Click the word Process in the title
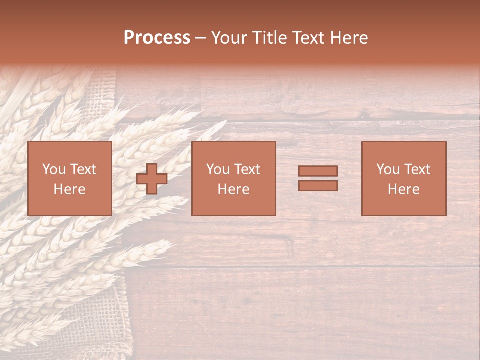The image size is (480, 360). [x=157, y=38]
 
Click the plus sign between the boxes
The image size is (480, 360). [x=152, y=179]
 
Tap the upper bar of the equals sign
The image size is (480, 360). [x=318, y=171]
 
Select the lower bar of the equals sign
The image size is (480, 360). [x=318, y=186]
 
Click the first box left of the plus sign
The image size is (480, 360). [x=69, y=178]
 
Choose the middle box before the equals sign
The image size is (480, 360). [x=233, y=178]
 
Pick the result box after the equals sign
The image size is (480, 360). [x=404, y=178]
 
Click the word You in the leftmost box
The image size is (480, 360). [x=54, y=169]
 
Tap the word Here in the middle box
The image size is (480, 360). [x=233, y=189]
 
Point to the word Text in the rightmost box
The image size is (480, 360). [x=417, y=169]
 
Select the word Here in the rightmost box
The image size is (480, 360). [x=404, y=189]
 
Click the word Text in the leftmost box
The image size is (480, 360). [x=83, y=169]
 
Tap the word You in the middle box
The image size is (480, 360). [x=218, y=169]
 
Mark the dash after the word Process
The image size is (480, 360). [x=200, y=38]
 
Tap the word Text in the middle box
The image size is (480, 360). [x=247, y=169]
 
